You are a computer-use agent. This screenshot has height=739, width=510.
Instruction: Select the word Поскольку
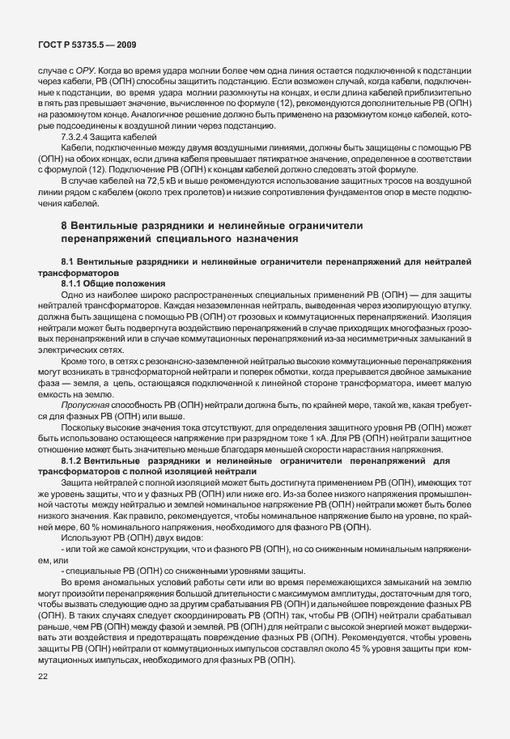pos(83,421)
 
